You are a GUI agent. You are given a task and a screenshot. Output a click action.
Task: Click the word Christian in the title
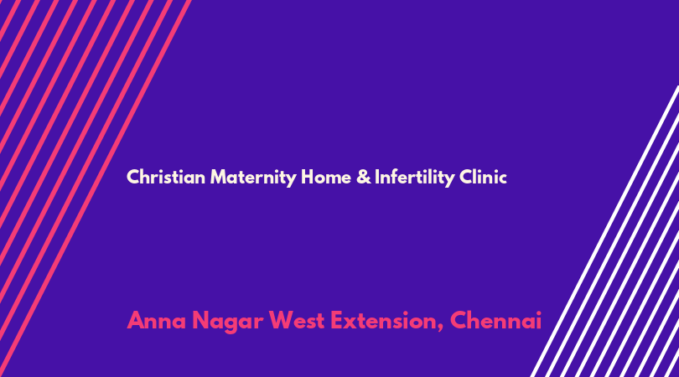click(x=166, y=177)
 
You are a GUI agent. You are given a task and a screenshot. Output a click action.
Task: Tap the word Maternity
click(x=253, y=178)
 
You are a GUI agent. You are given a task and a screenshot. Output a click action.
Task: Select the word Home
click(x=326, y=177)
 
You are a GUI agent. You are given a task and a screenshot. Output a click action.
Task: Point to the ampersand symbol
click(x=364, y=177)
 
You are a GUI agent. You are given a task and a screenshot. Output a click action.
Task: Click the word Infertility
click(x=415, y=178)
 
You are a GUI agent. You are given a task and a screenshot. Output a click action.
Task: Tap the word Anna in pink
click(x=156, y=321)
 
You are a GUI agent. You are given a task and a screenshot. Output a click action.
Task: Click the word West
click(x=297, y=321)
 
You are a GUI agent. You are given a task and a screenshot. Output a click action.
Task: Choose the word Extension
click(x=384, y=321)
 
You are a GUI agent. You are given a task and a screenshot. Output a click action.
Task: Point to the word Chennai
click(x=495, y=321)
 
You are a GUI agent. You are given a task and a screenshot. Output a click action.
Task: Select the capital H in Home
click(x=308, y=177)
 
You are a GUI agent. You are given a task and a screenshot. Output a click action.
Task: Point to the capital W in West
click(x=282, y=321)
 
